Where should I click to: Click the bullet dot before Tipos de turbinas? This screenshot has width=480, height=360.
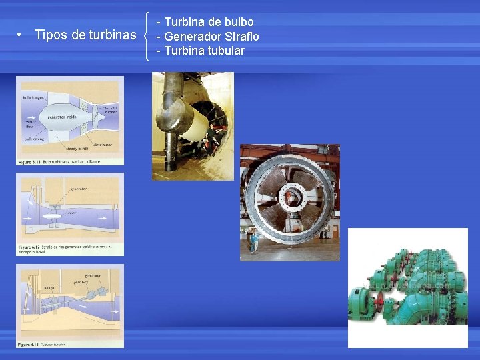21,35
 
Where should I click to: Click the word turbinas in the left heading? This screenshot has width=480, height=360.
112,35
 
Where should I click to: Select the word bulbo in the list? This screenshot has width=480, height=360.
239,22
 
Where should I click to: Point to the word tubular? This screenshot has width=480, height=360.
228,51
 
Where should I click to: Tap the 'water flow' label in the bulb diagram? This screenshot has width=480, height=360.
31,124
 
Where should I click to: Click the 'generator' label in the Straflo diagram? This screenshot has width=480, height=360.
78,189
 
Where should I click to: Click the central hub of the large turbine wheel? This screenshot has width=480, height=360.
291,197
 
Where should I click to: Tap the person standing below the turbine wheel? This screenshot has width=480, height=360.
254,241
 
